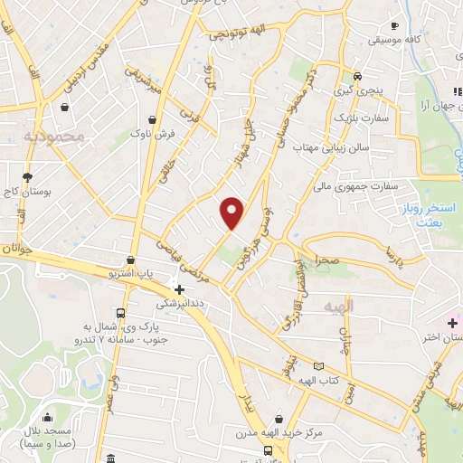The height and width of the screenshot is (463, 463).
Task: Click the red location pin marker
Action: pyautogui.click(x=232, y=212)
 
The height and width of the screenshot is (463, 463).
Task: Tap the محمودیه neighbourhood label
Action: pyautogui.click(x=55, y=137)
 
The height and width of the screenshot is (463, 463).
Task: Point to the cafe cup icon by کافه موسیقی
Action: pyautogui.click(x=394, y=25)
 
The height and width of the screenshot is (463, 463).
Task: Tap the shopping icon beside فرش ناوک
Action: pyautogui.click(x=152, y=118)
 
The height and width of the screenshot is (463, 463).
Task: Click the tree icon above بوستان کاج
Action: pyautogui.click(x=28, y=176)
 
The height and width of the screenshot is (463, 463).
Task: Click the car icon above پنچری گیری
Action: pyautogui.click(x=359, y=76)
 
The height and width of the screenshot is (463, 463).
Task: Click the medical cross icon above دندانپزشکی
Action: pyautogui.click(x=179, y=290)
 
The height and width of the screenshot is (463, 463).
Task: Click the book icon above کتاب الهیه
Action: pyautogui.click(x=317, y=366)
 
